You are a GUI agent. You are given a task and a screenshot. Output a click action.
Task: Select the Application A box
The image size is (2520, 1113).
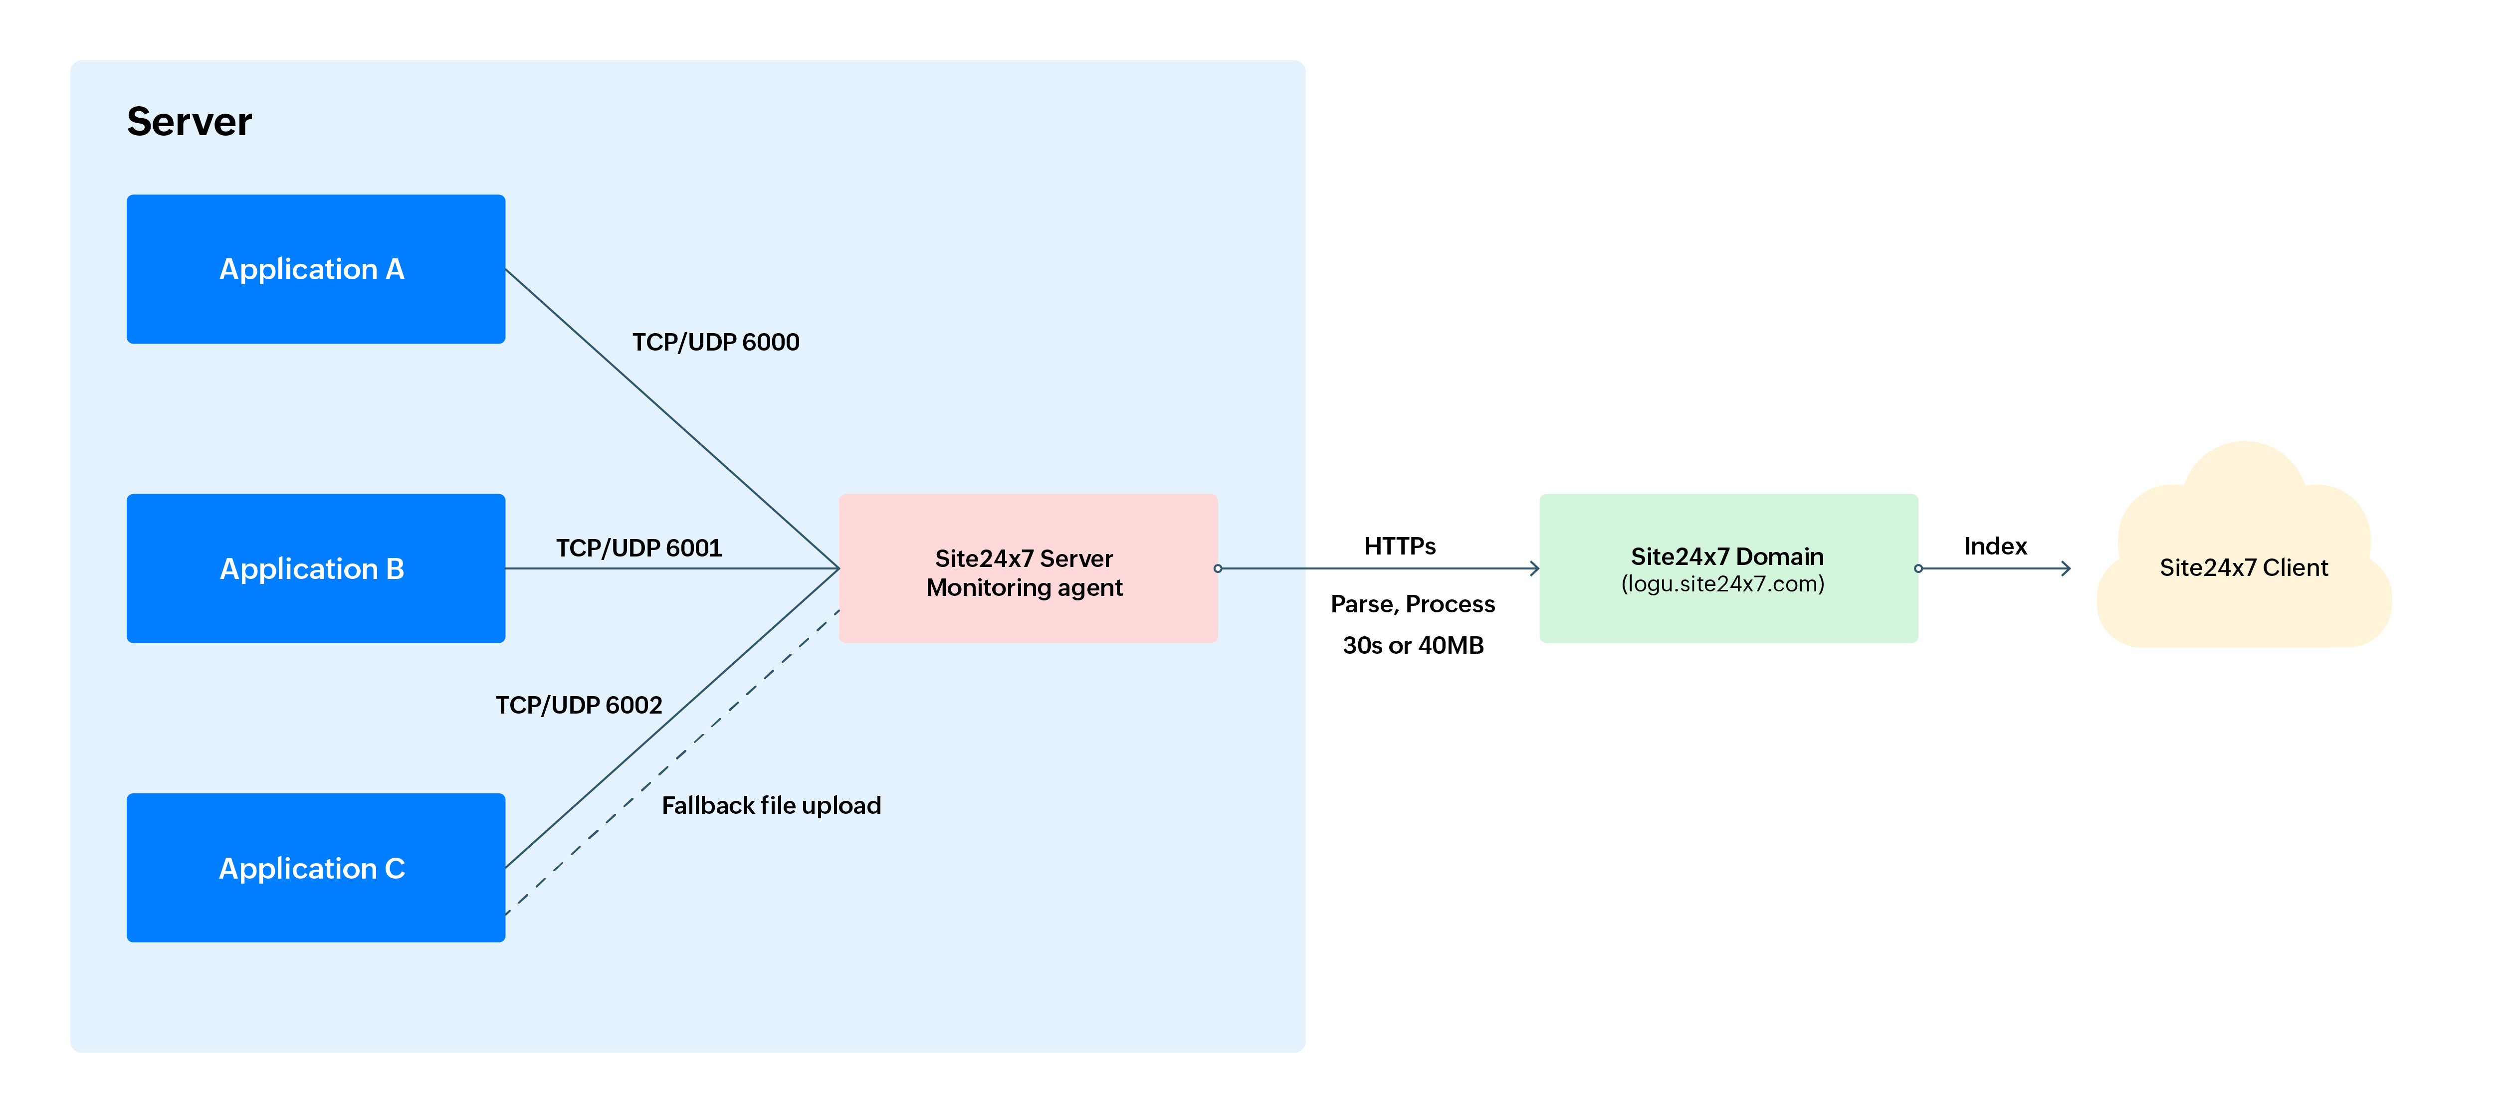point(315,269)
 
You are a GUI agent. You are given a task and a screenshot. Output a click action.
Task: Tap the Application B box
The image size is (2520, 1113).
point(315,568)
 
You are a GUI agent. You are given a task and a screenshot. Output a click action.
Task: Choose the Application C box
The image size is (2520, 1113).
point(315,868)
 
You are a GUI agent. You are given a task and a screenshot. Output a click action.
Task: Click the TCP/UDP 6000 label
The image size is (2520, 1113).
point(715,342)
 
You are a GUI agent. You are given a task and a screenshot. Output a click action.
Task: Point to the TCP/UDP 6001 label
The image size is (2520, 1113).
point(639,548)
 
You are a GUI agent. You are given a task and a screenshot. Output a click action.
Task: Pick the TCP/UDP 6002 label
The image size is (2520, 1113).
point(578,705)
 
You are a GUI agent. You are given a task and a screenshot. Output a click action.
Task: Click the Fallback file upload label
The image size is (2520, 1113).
point(771,805)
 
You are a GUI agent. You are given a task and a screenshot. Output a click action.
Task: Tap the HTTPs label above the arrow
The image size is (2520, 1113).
point(1399,546)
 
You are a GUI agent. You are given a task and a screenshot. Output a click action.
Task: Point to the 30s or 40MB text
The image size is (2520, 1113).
point(1412,645)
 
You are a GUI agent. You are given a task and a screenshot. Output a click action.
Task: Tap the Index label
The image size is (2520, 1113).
point(1995,546)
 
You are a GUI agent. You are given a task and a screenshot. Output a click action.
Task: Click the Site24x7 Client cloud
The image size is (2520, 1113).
point(2243,567)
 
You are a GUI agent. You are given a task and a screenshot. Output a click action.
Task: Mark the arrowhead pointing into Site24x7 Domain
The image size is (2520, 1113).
point(1534,568)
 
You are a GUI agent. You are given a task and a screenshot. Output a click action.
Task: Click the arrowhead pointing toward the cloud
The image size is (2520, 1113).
point(2065,568)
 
